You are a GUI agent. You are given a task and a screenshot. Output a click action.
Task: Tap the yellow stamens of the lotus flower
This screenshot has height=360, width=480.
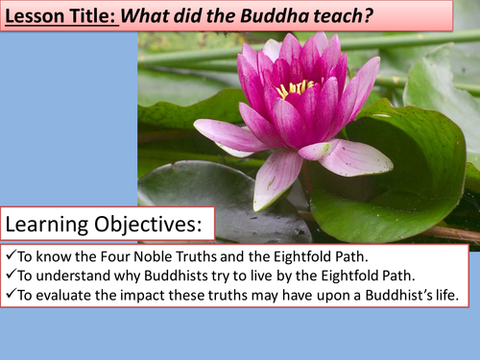[296, 88]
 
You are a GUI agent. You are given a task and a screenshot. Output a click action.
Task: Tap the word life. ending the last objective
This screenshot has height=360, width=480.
[447, 296]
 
